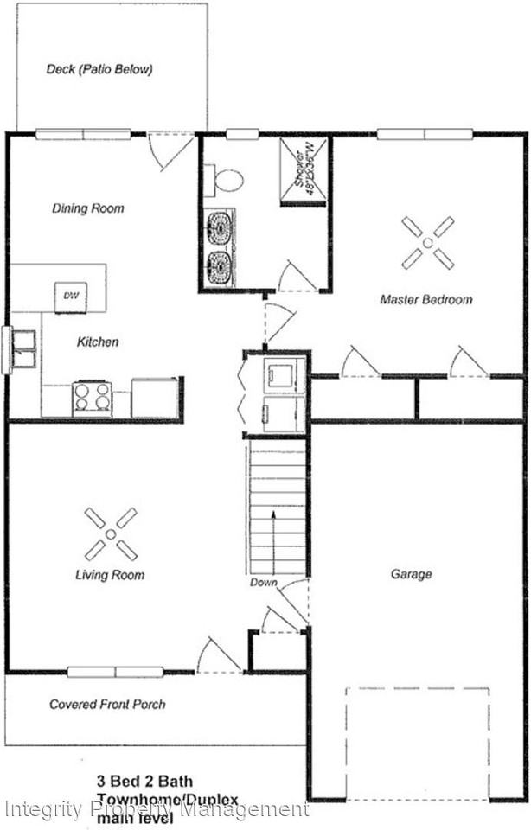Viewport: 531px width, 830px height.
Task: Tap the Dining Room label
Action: pyautogui.click(x=87, y=208)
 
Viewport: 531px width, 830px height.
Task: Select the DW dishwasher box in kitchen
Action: pyautogui.click(x=71, y=297)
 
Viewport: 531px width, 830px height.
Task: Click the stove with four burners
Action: pyautogui.click(x=92, y=398)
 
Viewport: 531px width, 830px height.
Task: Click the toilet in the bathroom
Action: pyautogui.click(x=228, y=181)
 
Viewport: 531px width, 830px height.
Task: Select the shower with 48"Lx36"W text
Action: pyautogui.click(x=303, y=171)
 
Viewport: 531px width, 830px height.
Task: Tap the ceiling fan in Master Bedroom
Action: pyautogui.click(x=427, y=242)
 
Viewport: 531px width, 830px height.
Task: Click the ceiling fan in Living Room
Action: pyautogui.click(x=111, y=533)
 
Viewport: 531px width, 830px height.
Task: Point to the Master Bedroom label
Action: pyautogui.click(x=426, y=300)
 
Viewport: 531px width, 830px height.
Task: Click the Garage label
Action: pyautogui.click(x=411, y=574)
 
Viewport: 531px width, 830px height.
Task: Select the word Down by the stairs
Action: pyautogui.click(x=264, y=583)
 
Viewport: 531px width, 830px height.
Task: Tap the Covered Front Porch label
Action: pyautogui.click(x=107, y=705)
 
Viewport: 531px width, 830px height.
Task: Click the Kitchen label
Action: pyautogui.click(x=98, y=342)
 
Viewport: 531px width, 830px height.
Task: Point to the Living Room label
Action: pyautogui.click(x=110, y=575)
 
